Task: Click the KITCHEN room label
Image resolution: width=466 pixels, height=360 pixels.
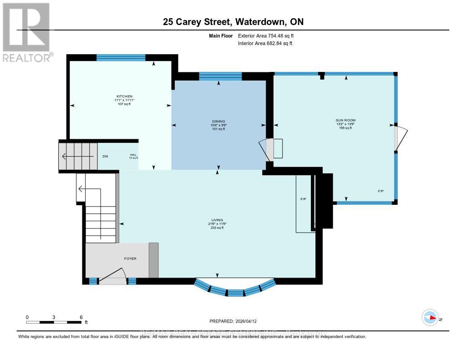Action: (124, 96)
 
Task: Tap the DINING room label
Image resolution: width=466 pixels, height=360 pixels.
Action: (218, 121)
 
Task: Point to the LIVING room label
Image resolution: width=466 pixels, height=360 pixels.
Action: (217, 220)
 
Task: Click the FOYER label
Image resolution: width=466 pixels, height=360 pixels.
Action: (130, 259)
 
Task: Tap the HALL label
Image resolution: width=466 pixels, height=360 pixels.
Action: (133, 155)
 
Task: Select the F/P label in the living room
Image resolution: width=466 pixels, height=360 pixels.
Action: (303, 199)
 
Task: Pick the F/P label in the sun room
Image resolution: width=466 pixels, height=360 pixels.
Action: (380, 191)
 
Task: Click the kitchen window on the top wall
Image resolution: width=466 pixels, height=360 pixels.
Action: (121, 57)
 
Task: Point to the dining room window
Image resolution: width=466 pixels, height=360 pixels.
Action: (220, 76)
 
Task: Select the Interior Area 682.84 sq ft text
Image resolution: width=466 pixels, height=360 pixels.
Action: (265, 43)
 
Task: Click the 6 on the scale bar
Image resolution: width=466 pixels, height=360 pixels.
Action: (81, 317)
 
